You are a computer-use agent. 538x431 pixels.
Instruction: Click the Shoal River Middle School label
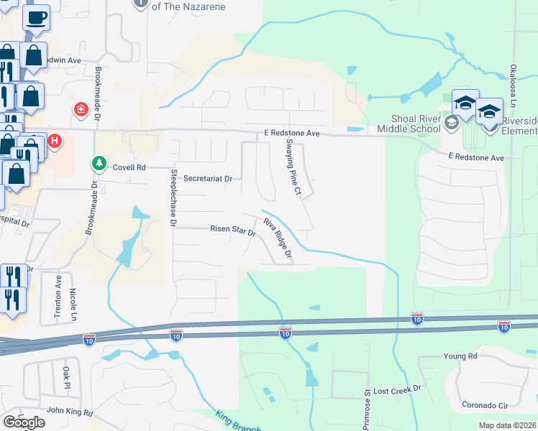click(415, 124)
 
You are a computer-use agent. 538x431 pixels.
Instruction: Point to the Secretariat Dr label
click(209, 178)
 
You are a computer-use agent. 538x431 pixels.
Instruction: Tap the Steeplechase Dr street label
click(173, 198)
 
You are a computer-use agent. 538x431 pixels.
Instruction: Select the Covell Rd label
click(129, 167)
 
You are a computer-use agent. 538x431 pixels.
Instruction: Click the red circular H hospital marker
click(55, 141)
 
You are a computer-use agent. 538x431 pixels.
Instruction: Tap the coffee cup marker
click(37, 17)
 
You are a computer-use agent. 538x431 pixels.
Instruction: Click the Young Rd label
click(460, 356)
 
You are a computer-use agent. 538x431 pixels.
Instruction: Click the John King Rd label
click(70, 412)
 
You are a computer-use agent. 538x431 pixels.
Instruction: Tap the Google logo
click(24, 422)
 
